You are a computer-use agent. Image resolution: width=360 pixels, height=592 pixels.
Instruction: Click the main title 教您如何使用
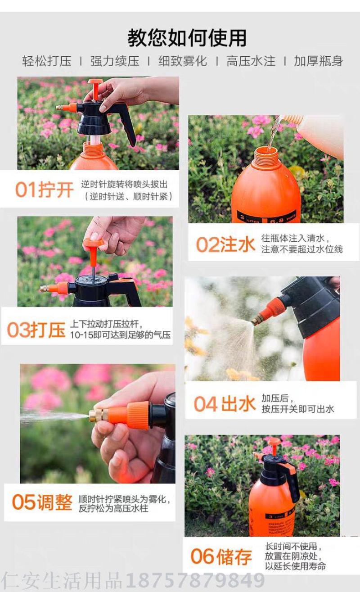tap(187, 38)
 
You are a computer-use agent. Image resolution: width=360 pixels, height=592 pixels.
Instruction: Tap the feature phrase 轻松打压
tap(47, 61)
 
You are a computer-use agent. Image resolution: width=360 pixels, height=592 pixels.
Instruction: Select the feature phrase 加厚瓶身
tap(318, 61)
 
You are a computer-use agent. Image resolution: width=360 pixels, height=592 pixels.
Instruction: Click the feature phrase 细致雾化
tap(183, 61)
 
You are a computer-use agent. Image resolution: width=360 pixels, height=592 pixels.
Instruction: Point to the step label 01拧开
tap(45, 190)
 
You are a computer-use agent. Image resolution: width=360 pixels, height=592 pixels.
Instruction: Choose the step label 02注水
tap(225, 244)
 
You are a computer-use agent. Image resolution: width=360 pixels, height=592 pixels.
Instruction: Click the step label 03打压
tap(36, 330)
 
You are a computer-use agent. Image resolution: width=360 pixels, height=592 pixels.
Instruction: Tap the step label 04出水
tap(225, 403)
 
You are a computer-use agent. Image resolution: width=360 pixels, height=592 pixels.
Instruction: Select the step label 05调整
tap(42, 502)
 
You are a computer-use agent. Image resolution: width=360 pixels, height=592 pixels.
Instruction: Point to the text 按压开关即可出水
tap(297, 409)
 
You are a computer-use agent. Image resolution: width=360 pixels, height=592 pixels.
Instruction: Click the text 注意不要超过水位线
tap(302, 249)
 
